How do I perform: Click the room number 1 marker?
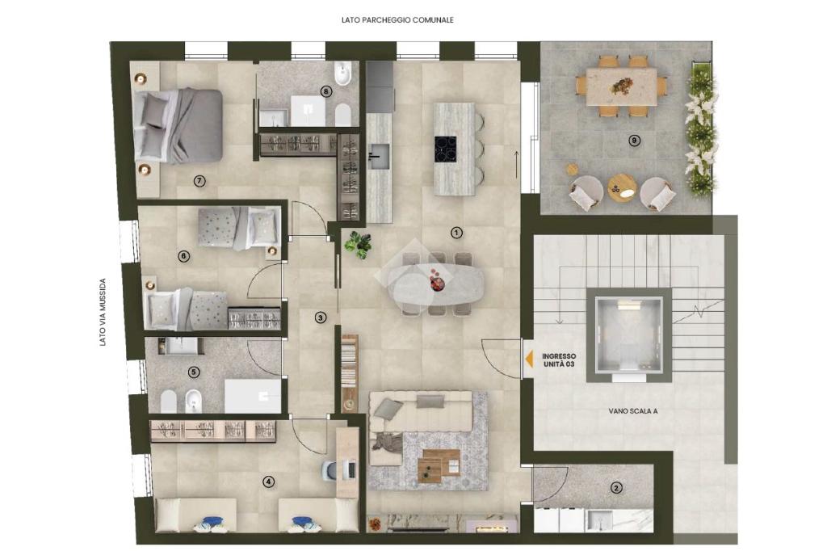point(457,232)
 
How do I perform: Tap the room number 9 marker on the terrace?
point(635,141)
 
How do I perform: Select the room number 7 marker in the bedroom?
point(199,181)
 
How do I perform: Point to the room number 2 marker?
point(615,488)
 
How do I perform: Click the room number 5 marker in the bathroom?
point(194,372)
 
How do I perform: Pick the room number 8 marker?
point(326,91)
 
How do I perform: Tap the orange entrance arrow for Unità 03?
point(528,359)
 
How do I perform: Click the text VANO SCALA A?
point(633,411)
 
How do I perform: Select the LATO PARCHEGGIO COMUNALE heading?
point(397,20)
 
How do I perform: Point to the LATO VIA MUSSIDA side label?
point(103,313)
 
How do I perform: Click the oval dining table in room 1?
point(434,285)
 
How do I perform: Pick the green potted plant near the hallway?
point(358,245)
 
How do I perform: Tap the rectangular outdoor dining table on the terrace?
point(621,86)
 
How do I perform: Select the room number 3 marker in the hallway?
point(320,318)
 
